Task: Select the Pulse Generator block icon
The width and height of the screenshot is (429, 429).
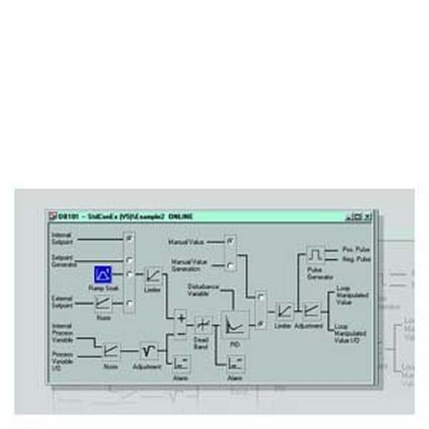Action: tap(315, 254)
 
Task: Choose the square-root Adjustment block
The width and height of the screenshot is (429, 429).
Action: tap(149, 350)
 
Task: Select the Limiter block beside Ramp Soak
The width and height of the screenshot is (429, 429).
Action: tap(153, 274)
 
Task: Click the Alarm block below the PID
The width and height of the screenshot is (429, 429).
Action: tap(234, 362)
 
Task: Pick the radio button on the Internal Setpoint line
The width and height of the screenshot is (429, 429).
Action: tap(129, 237)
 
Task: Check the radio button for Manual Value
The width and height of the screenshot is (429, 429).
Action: tap(231, 241)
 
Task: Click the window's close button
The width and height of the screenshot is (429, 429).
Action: tap(367, 217)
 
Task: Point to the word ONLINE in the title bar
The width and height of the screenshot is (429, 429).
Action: tap(181, 217)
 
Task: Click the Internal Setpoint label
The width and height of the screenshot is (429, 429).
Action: tap(63, 237)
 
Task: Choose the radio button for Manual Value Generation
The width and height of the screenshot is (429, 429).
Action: tap(231, 266)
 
